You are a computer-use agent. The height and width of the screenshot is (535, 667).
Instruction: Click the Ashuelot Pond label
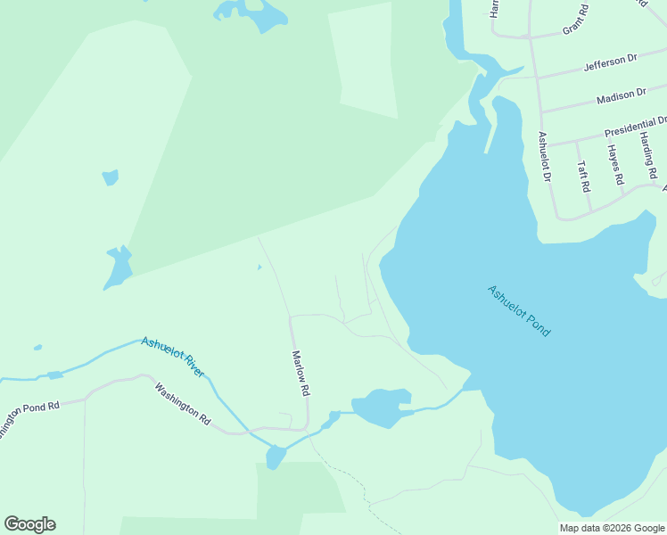pos(519,310)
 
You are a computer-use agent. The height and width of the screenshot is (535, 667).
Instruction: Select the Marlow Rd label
pos(301,373)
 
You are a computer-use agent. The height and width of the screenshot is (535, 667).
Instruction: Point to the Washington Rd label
pos(182,402)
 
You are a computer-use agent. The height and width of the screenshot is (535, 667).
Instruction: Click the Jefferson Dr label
pos(611,62)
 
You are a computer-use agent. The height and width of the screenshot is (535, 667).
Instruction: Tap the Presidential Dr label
pos(635,127)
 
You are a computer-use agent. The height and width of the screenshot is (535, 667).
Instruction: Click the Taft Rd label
pos(583,177)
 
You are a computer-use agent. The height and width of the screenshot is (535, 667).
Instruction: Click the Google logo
pos(29,524)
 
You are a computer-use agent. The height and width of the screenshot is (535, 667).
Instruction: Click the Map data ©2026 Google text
pos(612,528)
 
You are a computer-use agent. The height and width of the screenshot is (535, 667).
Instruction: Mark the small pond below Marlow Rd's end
pos(275,457)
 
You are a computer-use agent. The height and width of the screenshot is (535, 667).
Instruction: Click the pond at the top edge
pos(251,13)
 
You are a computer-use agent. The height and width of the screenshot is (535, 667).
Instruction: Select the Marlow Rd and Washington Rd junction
pos(306,429)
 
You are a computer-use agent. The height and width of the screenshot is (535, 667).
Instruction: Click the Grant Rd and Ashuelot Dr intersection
pos(531,38)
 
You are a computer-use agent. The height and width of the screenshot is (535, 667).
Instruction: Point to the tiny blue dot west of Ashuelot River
pos(37,347)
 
